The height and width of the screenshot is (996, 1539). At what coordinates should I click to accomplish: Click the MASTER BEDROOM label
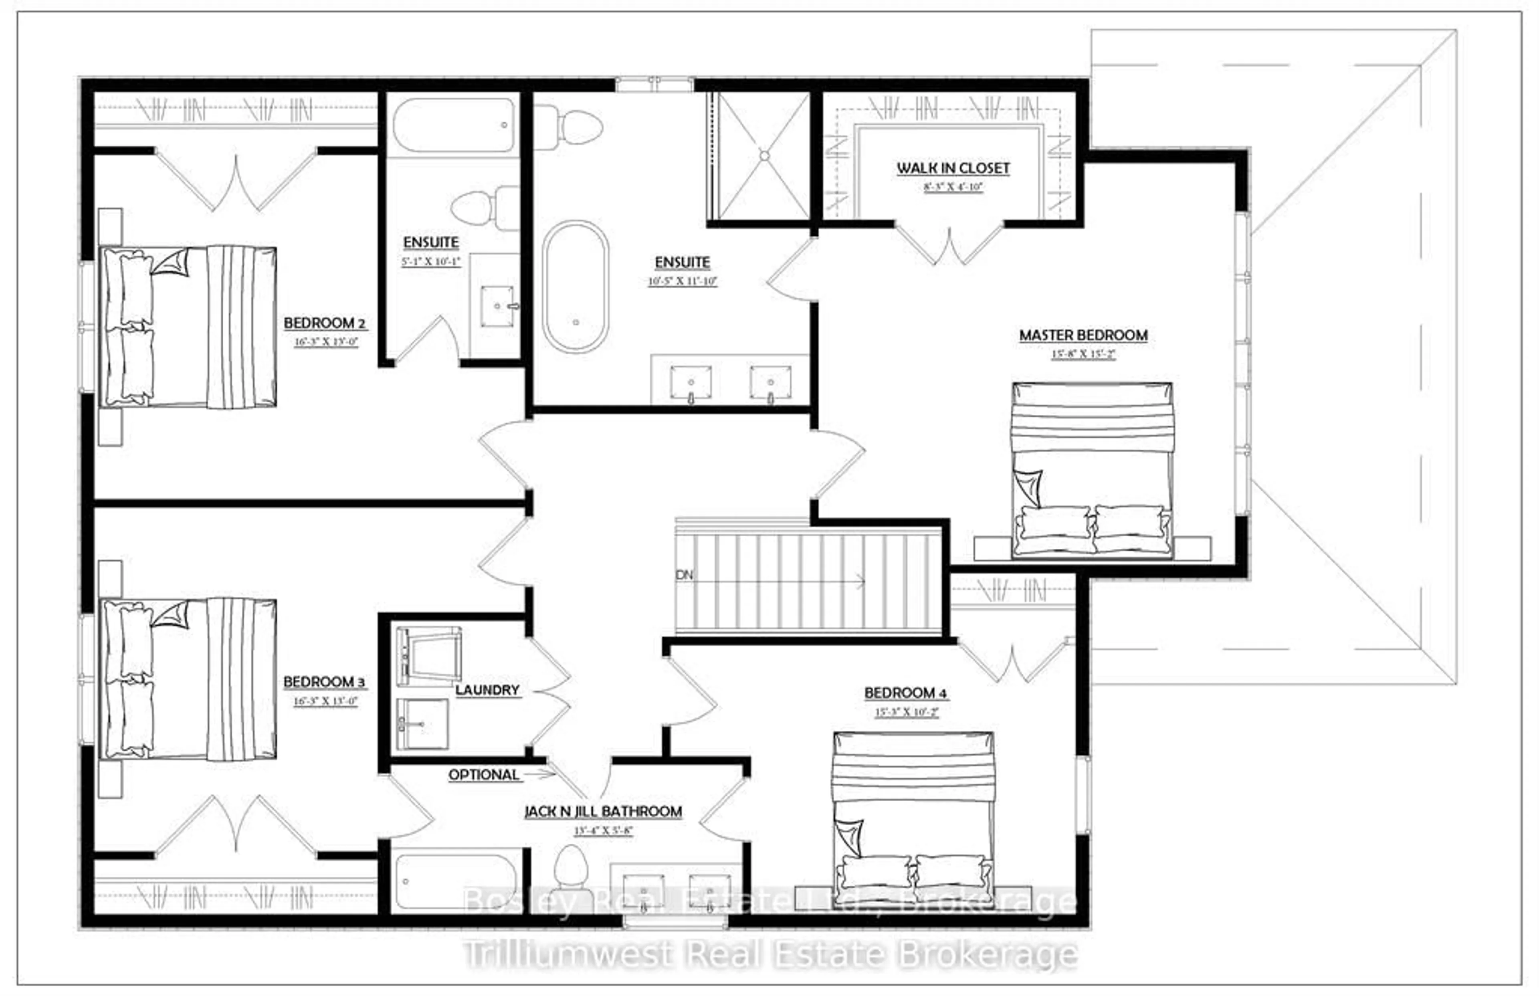(x=1084, y=335)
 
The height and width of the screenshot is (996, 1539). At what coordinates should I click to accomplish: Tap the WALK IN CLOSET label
(x=953, y=168)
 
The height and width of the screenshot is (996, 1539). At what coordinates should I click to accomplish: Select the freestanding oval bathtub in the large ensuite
(x=575, y=287)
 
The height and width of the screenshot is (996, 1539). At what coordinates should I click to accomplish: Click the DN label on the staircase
(x=684, y=574)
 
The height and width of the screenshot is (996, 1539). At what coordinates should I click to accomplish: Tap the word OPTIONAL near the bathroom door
(x=484, y=775)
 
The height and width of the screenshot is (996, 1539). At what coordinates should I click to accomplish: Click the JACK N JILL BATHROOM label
(x=603, y=812)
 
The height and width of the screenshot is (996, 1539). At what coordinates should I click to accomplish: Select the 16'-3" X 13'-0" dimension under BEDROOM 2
(x=326, y=342)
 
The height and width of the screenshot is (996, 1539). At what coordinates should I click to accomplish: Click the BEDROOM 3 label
(x=324, y=682)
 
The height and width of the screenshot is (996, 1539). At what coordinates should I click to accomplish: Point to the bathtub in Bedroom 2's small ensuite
(x=454, y=125)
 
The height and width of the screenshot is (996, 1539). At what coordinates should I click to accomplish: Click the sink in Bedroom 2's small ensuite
(x=497, y=306)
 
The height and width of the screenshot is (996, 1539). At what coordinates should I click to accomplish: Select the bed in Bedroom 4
(x=913, y=812)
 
